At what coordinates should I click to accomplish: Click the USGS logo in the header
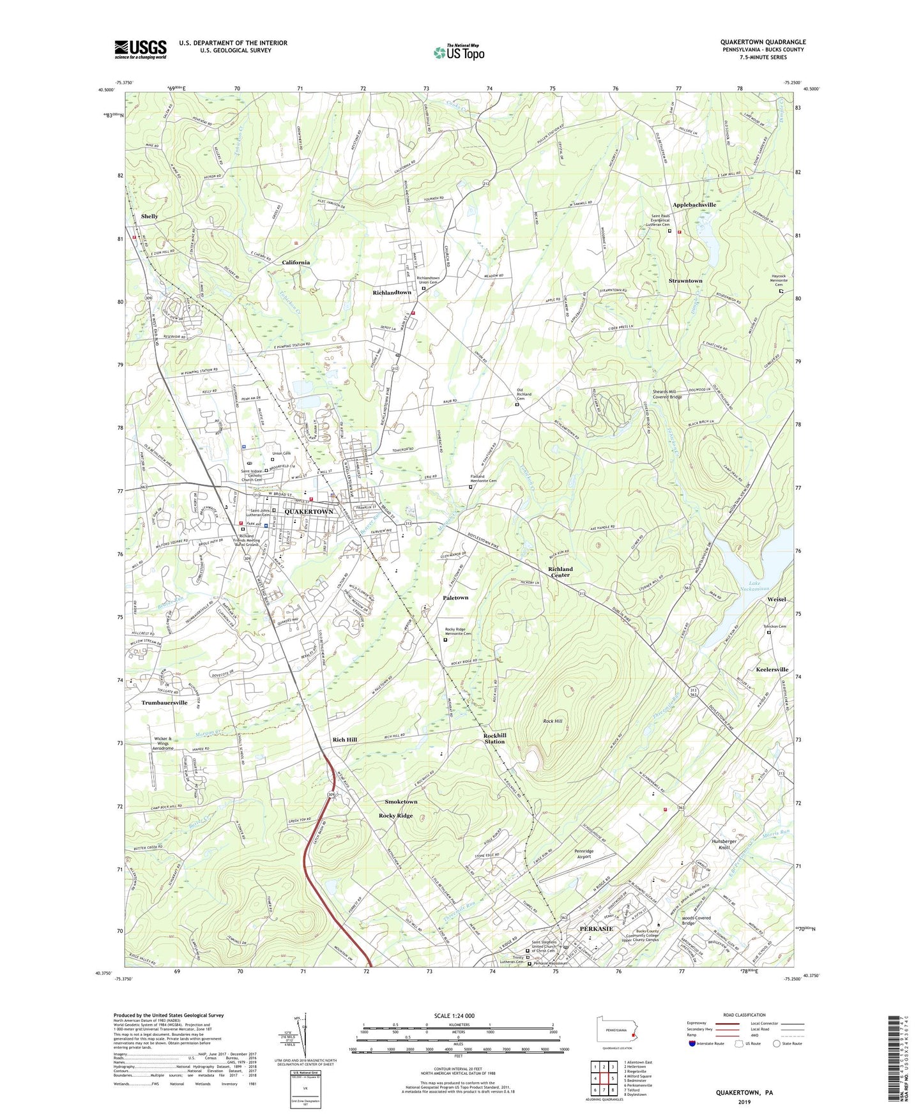coord(141,49)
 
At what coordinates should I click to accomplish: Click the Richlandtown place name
coord(392,292)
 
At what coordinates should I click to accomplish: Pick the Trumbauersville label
coord(164,702)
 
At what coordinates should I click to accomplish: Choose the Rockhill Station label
coord(494,739)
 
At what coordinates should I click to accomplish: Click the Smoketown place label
coord(400,801)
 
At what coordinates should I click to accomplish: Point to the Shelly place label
coord(149,216)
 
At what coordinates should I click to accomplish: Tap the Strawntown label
coord(685,281)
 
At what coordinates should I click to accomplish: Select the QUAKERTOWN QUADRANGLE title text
coord(763,42)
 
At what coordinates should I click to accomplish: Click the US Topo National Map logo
coord(459,52)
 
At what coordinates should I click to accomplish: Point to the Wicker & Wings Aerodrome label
coord(164,744)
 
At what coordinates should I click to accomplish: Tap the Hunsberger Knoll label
coord(724,845)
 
